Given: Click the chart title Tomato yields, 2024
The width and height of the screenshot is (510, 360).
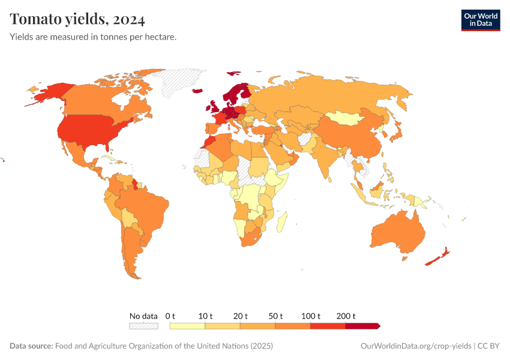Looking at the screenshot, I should click(77, 19).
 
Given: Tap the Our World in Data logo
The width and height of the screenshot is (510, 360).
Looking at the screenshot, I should click(480, 20).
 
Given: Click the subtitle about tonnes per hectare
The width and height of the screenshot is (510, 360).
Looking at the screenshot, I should click(93, 37).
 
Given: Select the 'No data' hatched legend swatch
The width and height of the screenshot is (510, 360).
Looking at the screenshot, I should click(143, 326).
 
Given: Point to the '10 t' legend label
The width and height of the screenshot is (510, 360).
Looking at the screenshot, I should click(206, 316).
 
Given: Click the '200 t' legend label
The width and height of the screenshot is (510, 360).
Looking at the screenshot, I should click(346, 316).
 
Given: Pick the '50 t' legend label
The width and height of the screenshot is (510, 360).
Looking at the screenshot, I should click(276, 316).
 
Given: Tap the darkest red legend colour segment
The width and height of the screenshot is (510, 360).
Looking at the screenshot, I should click(362, 326).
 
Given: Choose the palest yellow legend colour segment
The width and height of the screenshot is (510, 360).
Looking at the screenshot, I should click(187, 326).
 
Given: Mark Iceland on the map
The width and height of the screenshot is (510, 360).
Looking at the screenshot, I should click(197, 91).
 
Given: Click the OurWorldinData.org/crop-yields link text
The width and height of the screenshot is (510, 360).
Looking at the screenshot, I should click(416, 346).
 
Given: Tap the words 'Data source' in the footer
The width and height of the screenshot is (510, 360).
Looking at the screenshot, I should click(31, 346).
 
